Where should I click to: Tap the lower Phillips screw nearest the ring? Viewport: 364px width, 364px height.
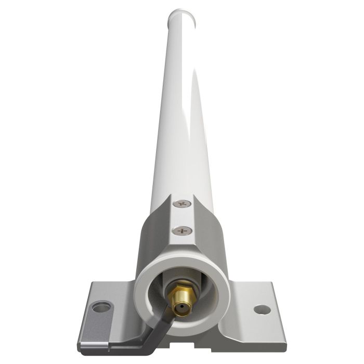[182, 230]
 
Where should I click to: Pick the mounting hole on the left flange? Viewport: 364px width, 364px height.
[101, 307]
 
